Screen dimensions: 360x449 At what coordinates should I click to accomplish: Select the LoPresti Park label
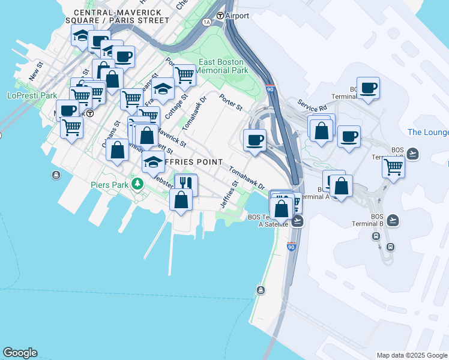(x=32, y=95)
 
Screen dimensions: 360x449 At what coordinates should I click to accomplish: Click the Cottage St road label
(x=177, y=104)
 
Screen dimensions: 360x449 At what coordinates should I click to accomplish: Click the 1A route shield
(x=206, y=22)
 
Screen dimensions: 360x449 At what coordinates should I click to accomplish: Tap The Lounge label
(x=427, y=132)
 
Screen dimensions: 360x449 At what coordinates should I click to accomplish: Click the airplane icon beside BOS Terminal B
(x=393, y=220)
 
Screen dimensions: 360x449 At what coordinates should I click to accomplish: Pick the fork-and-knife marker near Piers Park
(x=186, y=183)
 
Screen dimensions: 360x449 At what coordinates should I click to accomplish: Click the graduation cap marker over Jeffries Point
(x=153, y=161)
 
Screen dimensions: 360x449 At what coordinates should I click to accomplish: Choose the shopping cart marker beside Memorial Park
(x=184, y=75)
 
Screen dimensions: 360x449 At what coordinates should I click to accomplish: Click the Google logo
(x=20, y=353)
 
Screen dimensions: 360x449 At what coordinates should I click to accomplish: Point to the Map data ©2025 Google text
(x=411, y=355)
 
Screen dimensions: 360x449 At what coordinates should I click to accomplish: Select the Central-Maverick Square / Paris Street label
(x=122, y=16)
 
